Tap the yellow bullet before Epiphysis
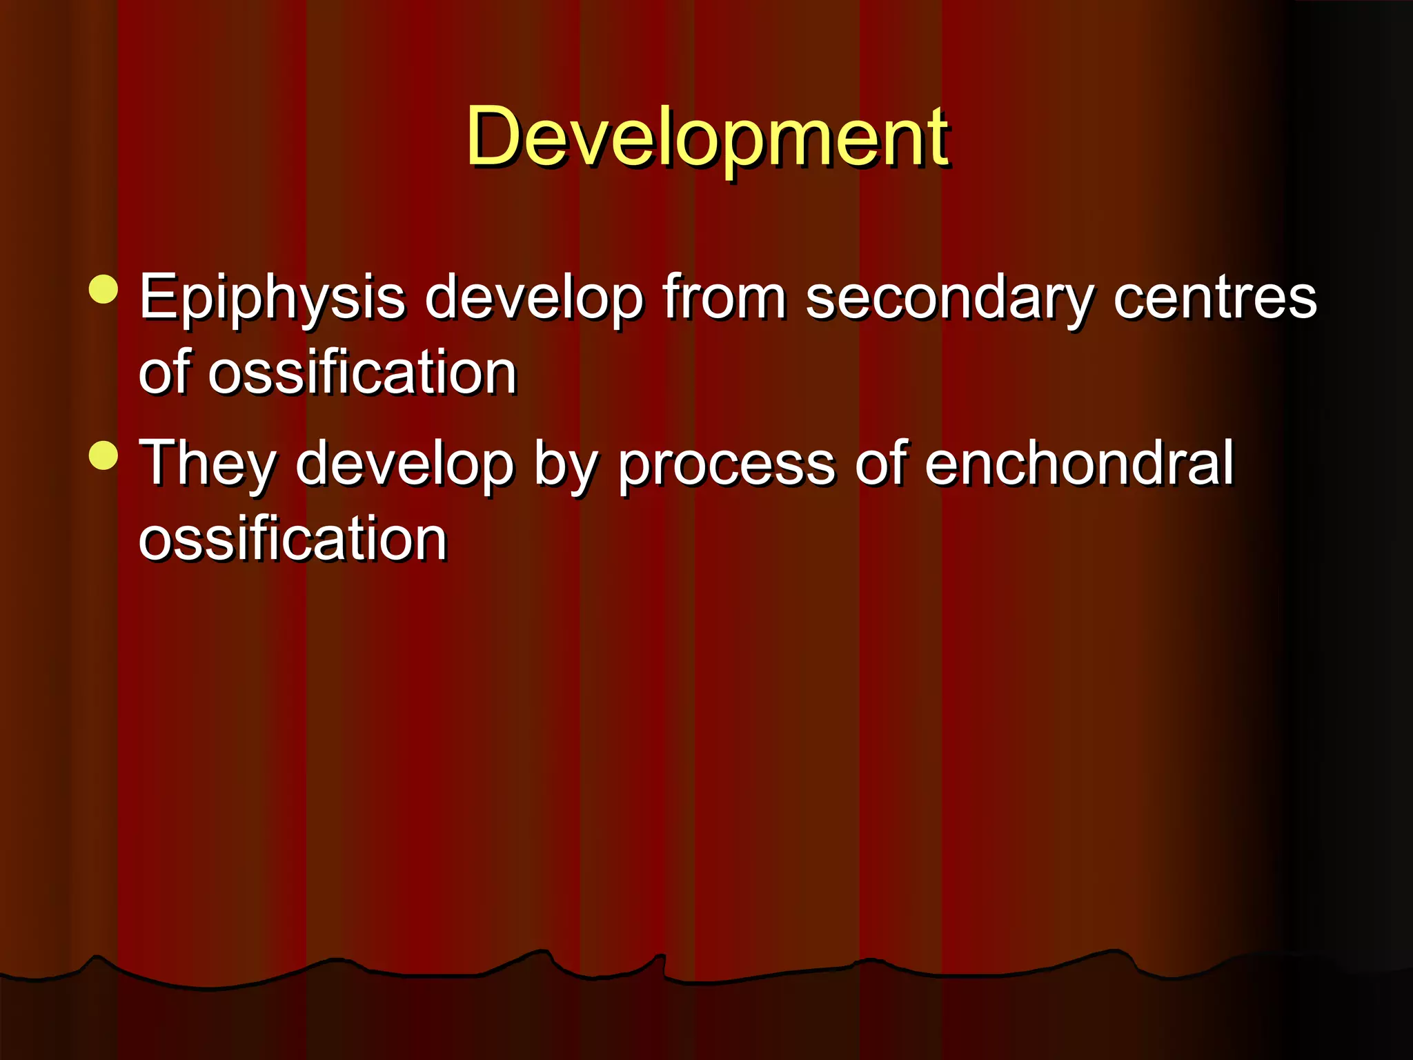(104, 289)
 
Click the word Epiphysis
(272, 298)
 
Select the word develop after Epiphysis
(534, 298)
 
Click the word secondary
(949, 298)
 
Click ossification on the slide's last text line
(293, 539)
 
